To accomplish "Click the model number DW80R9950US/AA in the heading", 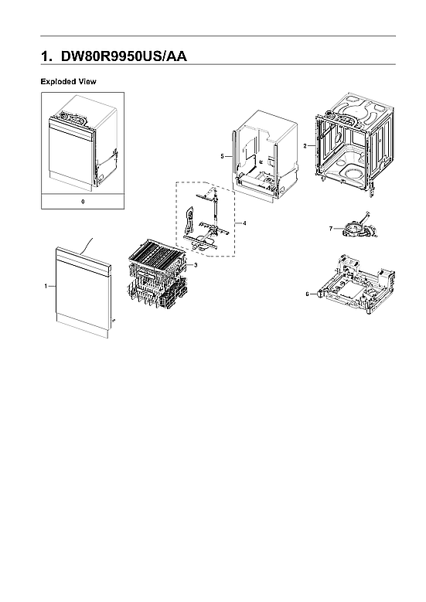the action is tap(124, 56).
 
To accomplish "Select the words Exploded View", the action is tap(68, 81).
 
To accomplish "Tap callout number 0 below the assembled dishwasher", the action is tap(83, 202).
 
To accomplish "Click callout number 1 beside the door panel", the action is tap(46, 286).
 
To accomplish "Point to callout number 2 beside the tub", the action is tap(305, 146).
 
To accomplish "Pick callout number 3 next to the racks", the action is tap(196, 265).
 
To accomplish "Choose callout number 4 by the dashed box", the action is tap(244, 223).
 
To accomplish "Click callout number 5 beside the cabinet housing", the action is tap(222, 156).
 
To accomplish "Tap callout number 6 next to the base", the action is tap(307, 294).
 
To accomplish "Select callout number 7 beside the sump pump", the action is tap(330, 229).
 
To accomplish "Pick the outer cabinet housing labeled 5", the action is tap(266, 155).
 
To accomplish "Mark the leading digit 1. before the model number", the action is tap(46, 56).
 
